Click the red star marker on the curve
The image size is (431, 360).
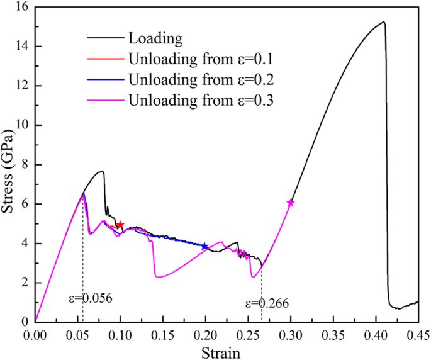tap(120, 225)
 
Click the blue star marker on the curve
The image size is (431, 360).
tap(204, 246)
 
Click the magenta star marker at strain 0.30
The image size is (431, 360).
tap(291, 203)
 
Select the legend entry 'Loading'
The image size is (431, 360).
tap(155, 39)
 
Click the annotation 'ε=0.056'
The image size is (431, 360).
tap(91, 298)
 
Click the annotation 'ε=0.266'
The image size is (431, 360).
tap(267, 303)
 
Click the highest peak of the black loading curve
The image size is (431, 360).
tap(383, 22)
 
